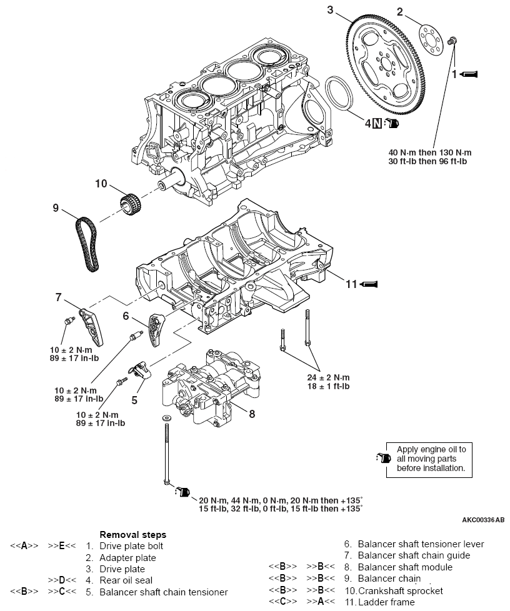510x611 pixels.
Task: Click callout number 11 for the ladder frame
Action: (352, 284)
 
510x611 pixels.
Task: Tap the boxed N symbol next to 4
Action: (377, 123)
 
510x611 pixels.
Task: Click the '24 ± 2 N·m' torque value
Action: (329, 378)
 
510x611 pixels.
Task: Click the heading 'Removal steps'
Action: (133, 535)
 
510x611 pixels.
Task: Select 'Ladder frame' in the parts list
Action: (386, 602)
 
